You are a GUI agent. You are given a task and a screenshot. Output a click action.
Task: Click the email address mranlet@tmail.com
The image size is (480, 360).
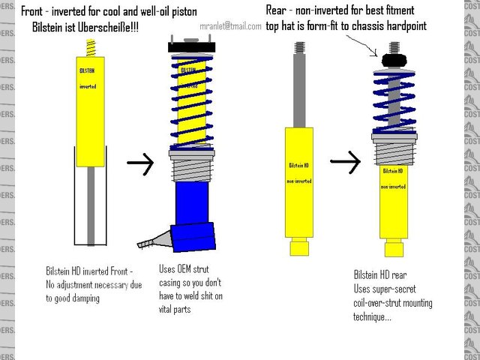pos(230,25)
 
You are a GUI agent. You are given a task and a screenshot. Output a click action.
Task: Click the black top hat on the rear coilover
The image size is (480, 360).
pos(393,60)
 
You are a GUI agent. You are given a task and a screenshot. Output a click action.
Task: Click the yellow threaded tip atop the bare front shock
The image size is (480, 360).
pos(92,46)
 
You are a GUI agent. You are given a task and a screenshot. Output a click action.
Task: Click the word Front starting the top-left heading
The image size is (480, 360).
pos(34,11)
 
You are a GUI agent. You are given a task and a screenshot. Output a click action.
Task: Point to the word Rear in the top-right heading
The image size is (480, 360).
pos(280,10)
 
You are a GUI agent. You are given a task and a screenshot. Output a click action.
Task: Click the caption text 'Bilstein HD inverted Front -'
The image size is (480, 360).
pos(89,270)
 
